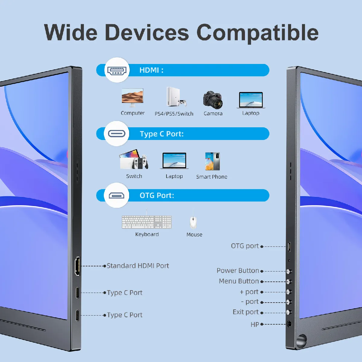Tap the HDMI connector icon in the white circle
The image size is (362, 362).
click(x=117, y=70)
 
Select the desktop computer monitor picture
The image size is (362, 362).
click(x=132, y=97)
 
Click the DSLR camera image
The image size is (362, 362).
click(x=213, y=100)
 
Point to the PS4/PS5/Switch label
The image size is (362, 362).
click(x=174, y=114)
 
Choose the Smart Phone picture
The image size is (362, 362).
click(x=212, y=161)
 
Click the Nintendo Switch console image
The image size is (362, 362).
click(x=134, y=159)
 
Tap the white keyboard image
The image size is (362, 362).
click(x=147, y=222)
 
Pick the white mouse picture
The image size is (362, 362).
click(x=193, y=223)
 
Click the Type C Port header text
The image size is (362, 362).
click(x=162, y=134)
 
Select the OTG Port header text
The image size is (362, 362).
click(x=157, y=195)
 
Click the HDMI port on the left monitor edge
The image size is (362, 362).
click(x=78, y=266)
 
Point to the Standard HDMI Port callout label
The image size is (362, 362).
click(x=138, y=266)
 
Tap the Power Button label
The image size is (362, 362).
click(x=238, y=271)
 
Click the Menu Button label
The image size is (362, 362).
click(x=239, y=281)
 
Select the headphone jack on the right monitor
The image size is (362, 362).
click(x=289, y=324)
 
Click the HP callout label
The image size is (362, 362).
click(x=255, y=324)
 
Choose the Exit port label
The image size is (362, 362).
click(x=246, y=312)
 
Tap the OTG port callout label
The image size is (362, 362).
click(x=245, y=246)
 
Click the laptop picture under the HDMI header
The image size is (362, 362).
click(x=251, y=100)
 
